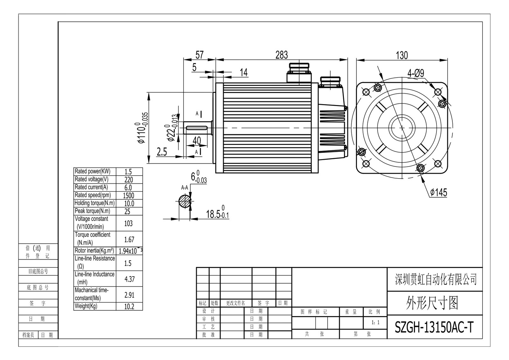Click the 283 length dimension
point(282,55)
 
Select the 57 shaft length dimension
point(199,55)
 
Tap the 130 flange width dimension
point(401,55)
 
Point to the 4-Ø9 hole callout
point(416,74)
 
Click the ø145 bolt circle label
point(438,193)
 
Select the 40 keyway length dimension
point(197,140)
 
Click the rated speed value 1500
point(129,195)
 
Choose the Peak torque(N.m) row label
point(92,211)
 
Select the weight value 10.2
point(129,307)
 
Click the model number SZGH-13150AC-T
point(434,327)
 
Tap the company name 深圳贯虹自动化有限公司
point(436,279)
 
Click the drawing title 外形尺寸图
point(432,303)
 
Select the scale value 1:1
point(375,323)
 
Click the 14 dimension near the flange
point(243,73)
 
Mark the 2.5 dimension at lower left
point(162,152)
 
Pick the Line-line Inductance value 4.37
point(129,279)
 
